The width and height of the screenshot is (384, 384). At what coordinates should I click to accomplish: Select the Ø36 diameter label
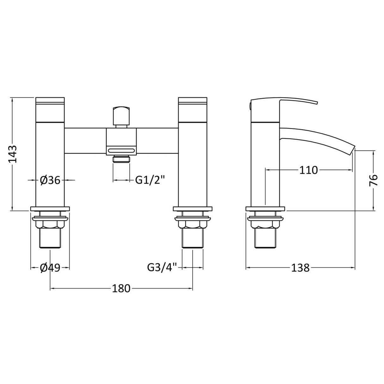pos(50,180)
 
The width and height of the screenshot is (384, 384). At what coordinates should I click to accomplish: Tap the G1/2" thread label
pos(150,180)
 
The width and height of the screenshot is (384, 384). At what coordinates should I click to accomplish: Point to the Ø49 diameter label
pos(50,268)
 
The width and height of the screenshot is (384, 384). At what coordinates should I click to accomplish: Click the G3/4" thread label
pos(164,268)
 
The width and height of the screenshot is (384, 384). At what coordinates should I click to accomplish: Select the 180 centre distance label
pos(121,288)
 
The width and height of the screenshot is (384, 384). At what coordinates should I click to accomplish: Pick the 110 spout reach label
pos(308,170)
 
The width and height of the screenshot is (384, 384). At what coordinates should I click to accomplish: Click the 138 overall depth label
pos(300,268)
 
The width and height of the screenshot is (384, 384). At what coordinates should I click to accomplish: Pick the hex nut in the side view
pos(265,224)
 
